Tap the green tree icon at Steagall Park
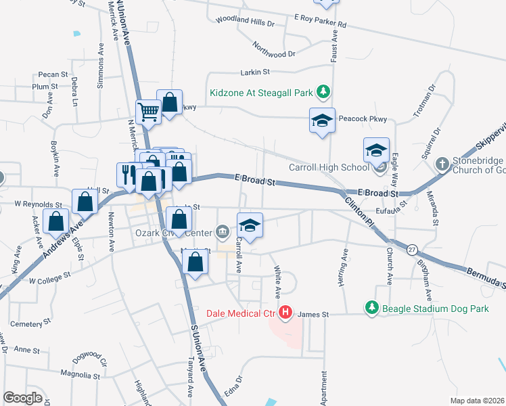pos(324,91)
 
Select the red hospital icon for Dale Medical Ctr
pos(285,313)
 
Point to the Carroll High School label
pos(328,167)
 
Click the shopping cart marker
pos(147,112)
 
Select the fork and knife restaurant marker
pos(127,174)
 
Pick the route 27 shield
pos(411,250)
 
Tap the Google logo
pos(22,397)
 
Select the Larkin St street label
pos(255,71)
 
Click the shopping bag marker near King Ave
pos(55,220)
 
